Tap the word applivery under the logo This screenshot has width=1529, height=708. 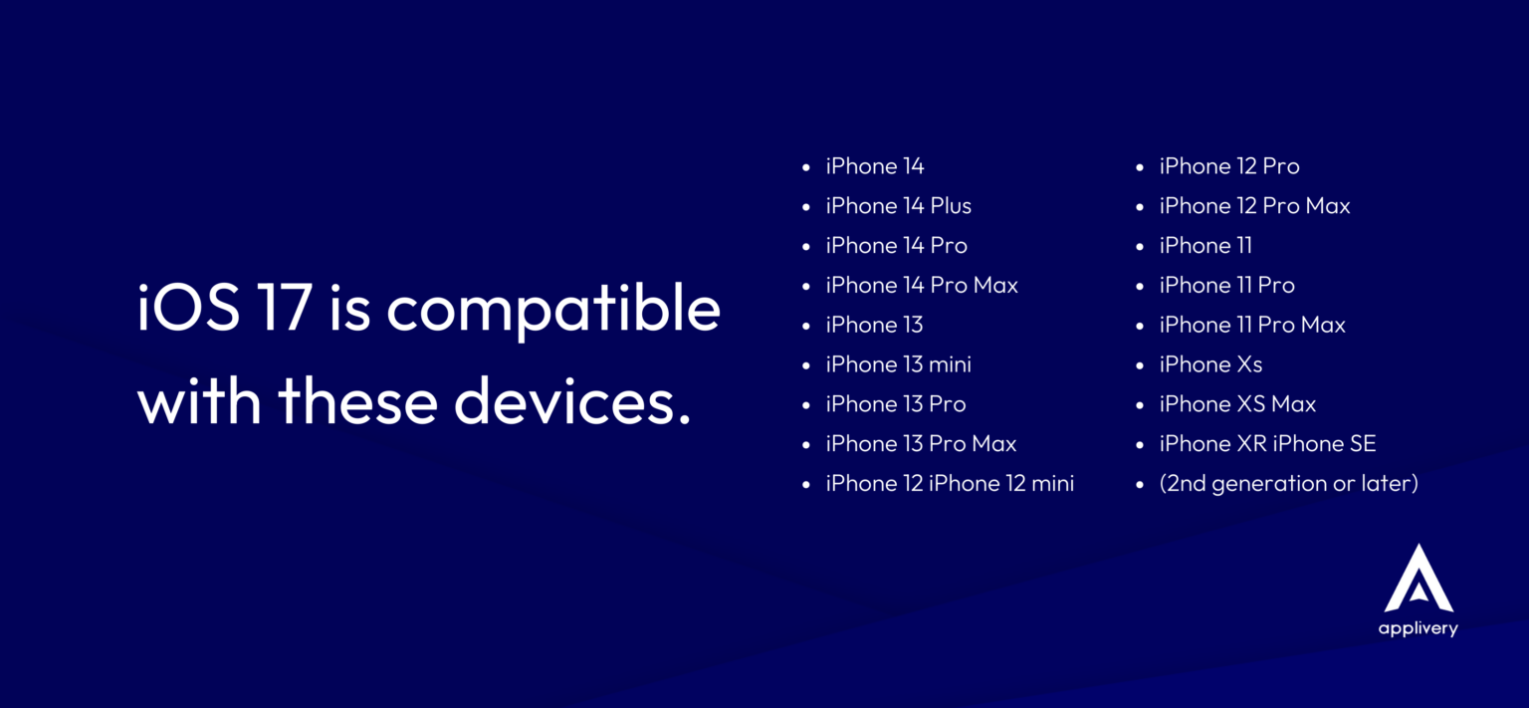1418,628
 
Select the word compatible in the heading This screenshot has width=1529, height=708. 553,311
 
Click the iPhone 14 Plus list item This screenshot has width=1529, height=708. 898,205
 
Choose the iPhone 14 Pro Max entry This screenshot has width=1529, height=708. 922,285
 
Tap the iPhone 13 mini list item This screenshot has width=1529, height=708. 898,363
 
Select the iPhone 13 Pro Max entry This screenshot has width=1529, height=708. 921,443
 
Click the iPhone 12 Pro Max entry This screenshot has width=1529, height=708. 1254,205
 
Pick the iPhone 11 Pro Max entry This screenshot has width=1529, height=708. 1252,325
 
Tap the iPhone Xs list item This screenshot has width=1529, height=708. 1210,363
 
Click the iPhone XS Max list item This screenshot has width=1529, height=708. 1237,403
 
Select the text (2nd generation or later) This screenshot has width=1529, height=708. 1289,483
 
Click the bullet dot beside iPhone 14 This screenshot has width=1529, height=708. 806,166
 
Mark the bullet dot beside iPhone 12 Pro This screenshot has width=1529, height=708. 1139,166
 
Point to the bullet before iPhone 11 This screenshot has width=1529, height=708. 1139,246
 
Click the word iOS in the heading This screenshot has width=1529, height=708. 188,308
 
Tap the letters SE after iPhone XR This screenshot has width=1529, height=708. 1363,443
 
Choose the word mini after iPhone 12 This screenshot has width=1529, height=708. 1052,483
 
